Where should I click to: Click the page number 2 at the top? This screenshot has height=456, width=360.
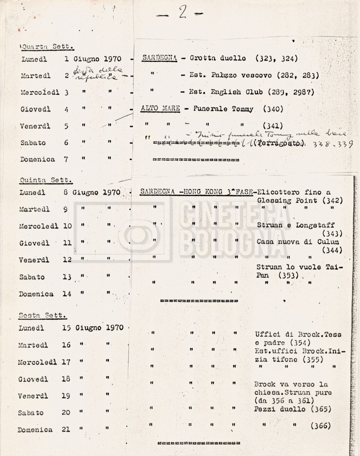(182, 13)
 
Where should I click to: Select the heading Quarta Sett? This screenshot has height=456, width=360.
(47, 46)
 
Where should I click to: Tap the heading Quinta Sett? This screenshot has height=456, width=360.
(46, 180)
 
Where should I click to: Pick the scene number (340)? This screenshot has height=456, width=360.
(273, 109)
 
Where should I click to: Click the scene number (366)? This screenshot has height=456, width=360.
(320, 425)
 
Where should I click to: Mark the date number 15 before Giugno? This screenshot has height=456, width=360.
(66, 328)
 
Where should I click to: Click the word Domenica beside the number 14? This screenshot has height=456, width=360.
(36, 294)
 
